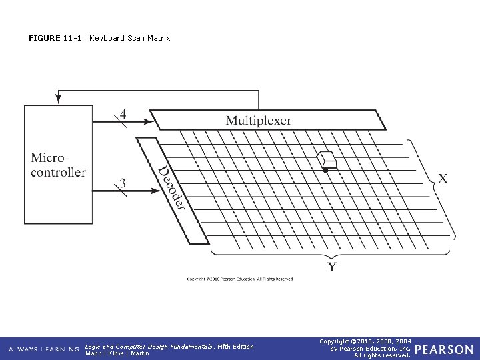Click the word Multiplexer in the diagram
(258, 121)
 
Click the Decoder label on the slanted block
(171, 189)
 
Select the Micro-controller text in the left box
(58, 165)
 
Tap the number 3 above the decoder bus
(123, 181)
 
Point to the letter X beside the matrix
(443, 178)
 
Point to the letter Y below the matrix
(331, 267)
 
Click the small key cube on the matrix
(327, 160)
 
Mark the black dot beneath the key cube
(325, 171)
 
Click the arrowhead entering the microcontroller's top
(58, 99)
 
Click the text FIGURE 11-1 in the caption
(55, 38)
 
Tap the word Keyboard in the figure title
(106, 38)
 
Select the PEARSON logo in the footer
(445, 349)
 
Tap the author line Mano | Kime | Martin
(117, 353)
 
